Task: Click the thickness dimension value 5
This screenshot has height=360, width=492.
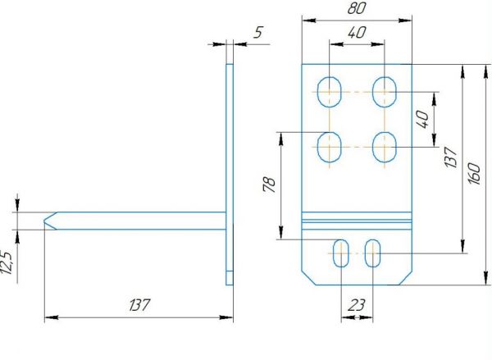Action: pyautogui.click(x=258, y=34)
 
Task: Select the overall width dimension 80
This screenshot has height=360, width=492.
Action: pyautogui.click(x=356, y=9)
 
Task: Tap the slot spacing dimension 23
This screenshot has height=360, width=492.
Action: pyautogui.click(x=357, y=305)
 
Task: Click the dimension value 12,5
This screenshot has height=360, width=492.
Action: pyautogui.click(x=7, y=265)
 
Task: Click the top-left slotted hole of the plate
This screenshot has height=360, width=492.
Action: pyautogui.click(x=330, y=91)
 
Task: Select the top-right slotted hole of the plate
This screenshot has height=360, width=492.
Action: pyautogui.click(x=383, y=91)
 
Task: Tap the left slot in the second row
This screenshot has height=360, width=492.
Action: pyautogui.click(x=330, y=148)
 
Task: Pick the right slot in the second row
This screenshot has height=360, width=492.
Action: pyautogui.click(x=383, y=148)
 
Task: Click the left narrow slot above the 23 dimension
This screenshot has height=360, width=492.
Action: pyautogui.click(x=341, y=253)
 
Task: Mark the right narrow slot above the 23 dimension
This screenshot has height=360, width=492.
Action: pyautogui.click(x=373, y=253)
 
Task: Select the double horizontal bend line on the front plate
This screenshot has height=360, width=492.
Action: pyautogui.click(x=357, y=220)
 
